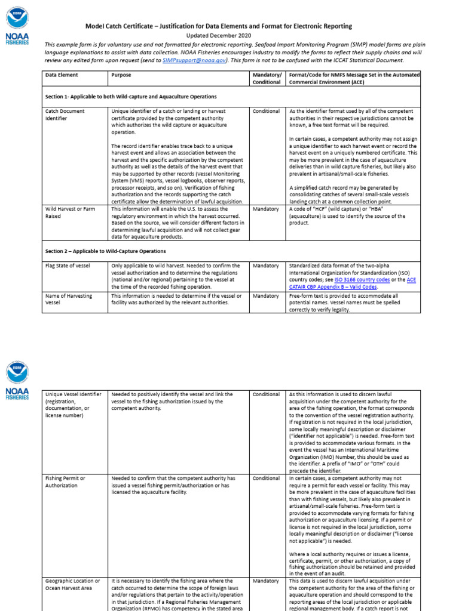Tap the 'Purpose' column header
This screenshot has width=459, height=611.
coord(121,75)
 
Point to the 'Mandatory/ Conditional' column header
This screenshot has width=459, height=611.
coord(266,79)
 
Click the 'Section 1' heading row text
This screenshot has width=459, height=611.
coord(131,96)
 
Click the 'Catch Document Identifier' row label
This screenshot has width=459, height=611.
coord(65,115)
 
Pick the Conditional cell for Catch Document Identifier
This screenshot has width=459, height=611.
coord(266,111)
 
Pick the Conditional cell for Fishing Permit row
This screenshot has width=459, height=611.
coord(266,478)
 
